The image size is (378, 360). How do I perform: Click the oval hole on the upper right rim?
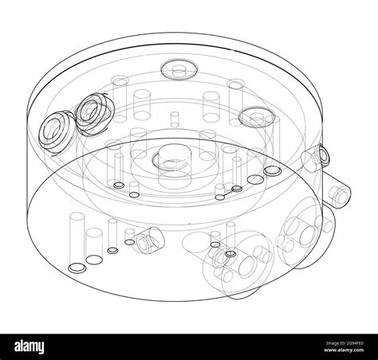(256, 116)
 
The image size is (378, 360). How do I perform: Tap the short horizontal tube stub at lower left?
(147, 237)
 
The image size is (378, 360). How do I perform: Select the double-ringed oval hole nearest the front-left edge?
(77, 267)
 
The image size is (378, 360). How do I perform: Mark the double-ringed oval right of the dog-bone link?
(272, 170)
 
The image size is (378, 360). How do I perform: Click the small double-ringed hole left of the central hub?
(120, 185)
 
